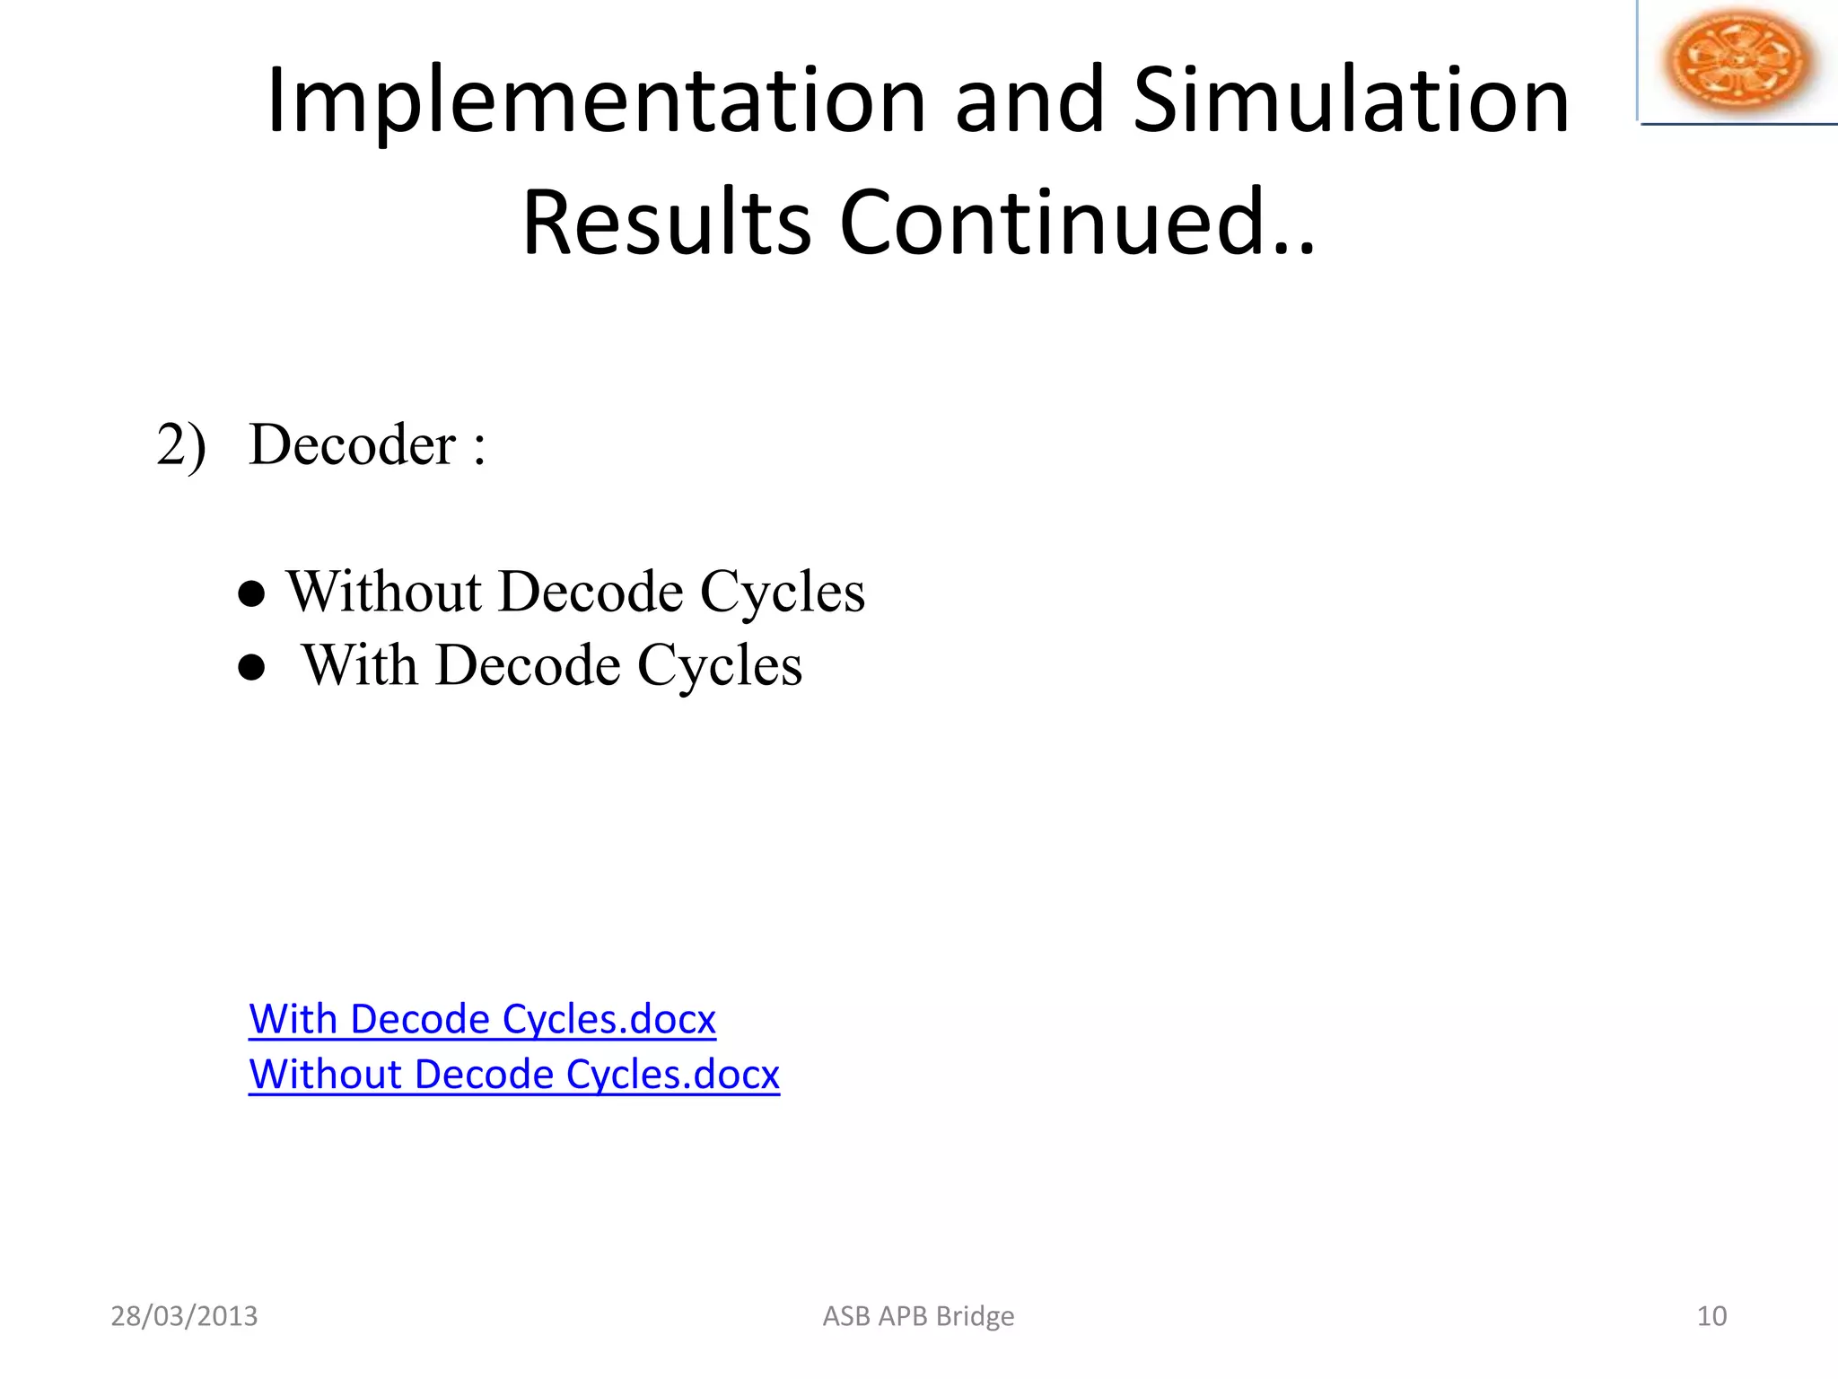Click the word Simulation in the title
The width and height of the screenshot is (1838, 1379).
[x=1351, y=101]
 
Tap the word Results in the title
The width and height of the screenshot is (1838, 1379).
[x=666, y=223]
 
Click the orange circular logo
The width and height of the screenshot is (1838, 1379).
[x=1737, y=60]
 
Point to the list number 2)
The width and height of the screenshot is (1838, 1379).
[x=181, y=445]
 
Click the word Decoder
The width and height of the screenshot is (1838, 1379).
[x=352, y=445]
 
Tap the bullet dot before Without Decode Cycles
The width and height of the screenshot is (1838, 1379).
[x=252, y=594]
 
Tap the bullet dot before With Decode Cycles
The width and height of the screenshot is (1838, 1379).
[x=252, y=668]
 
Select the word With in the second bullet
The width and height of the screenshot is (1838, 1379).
[x=359, y=666]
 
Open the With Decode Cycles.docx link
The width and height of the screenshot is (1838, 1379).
[x=482, y=1020]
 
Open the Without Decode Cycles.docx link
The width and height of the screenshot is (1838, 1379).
[x=514, y=1075]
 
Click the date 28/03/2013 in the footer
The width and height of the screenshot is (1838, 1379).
[x=184, y=1316]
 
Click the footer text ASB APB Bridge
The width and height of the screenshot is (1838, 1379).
[x=918, y=1316]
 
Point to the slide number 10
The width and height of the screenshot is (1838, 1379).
[x=1711, y=1316]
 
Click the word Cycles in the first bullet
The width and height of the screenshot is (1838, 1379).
[x=782, y=593]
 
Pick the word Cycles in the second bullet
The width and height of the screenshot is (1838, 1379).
[x=720, y=666]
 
